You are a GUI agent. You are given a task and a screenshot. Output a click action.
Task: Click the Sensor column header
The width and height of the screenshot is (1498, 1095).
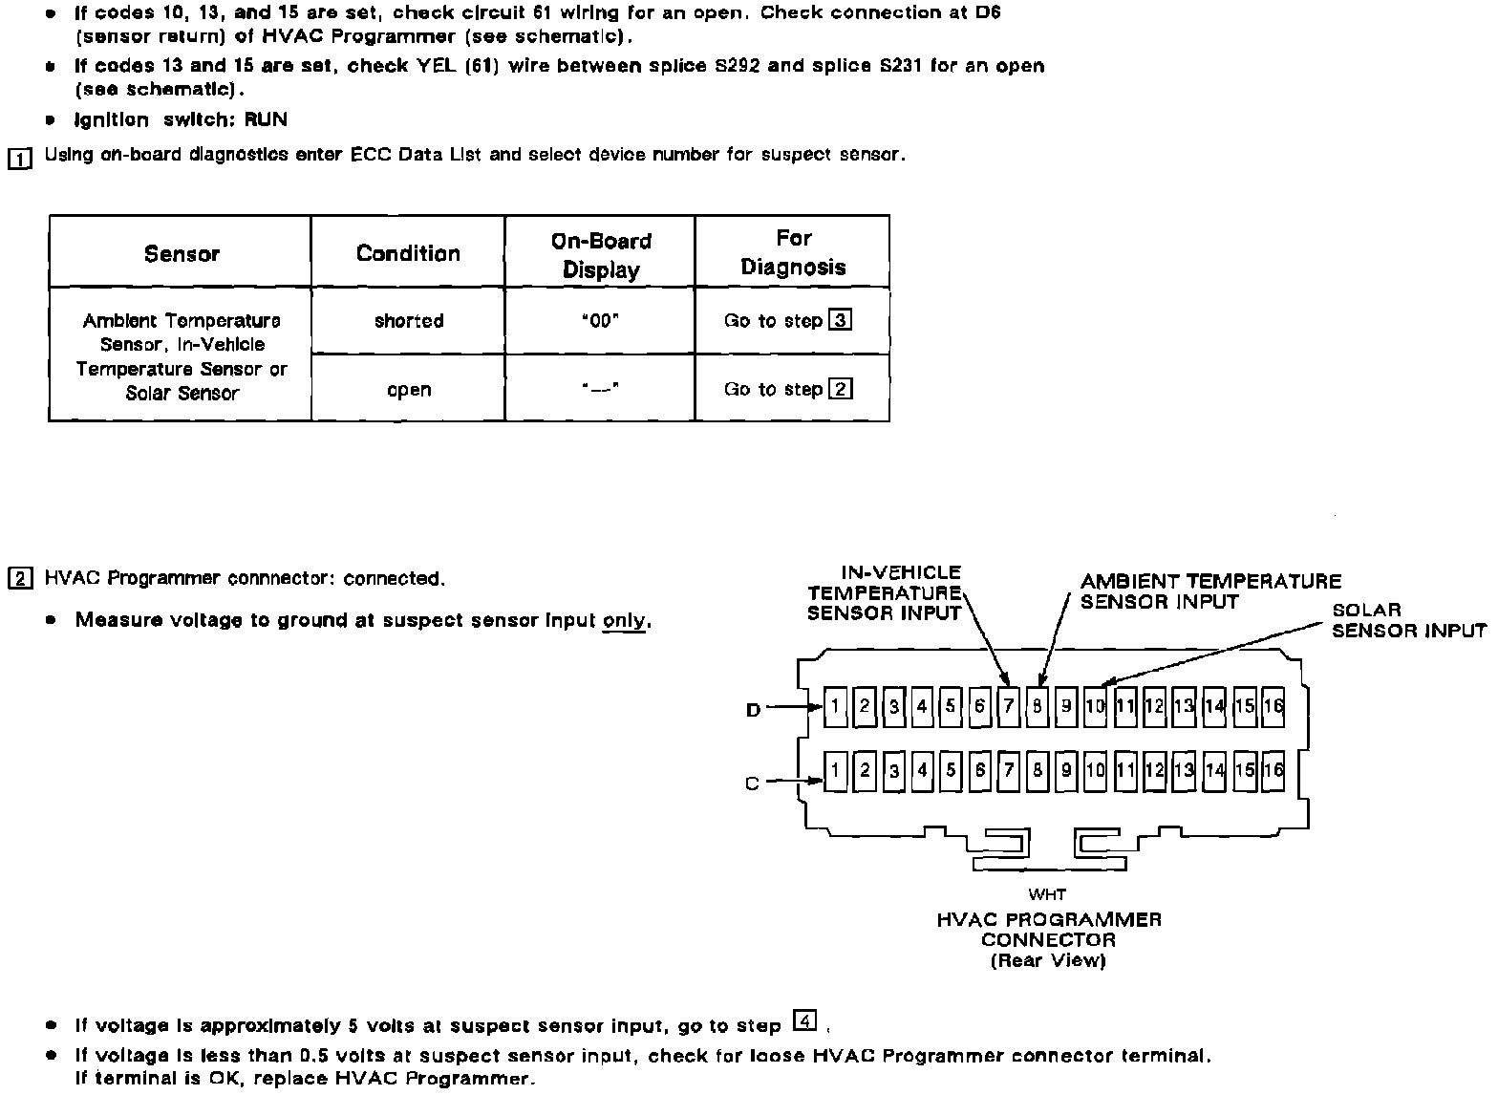(x=182, y=253)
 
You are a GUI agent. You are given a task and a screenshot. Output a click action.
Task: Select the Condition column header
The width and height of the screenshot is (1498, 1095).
(x=408, y=253)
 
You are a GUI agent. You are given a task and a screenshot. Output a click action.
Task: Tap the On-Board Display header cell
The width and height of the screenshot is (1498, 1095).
(x=601, y=255)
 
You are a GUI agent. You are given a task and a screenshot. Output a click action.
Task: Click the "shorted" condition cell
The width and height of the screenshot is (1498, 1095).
(x=409, y=321)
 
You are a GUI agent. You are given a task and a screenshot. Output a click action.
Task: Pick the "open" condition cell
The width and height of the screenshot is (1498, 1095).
(x=409, y=390)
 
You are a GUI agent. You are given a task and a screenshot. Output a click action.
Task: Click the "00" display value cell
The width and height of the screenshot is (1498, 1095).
(x=600, y=321)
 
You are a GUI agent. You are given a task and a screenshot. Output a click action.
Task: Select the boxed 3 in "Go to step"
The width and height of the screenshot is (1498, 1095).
(x=841, y=320)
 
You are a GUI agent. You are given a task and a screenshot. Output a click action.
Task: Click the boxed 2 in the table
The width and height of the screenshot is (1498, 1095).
(x=841, y=389)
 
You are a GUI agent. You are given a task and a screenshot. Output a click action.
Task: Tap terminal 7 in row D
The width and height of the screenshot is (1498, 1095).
(x=1009, y=706)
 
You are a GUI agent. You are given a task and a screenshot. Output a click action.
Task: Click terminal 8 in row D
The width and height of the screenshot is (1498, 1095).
(x=1038, y=706)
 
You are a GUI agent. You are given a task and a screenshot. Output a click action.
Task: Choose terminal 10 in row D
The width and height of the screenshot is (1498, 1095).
(x=1095, y=706)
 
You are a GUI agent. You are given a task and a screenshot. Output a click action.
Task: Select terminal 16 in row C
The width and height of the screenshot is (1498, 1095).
(x=1273, y=770)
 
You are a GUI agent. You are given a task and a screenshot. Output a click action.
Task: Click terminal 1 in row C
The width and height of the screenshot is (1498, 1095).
(x=835, y=770)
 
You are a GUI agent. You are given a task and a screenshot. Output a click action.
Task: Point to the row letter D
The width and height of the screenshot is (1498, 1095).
(x=753, y=710)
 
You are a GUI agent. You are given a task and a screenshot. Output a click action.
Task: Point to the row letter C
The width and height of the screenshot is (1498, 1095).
(x=752, y=783)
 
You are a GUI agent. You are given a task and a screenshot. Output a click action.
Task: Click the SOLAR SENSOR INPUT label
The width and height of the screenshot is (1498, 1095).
(x=1408, y=620)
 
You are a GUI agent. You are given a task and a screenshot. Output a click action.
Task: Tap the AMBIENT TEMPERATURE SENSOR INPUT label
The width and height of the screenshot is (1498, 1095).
(x=1209, y=591)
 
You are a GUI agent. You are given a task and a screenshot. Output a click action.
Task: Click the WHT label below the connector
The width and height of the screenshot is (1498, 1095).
(x=1047, y=894)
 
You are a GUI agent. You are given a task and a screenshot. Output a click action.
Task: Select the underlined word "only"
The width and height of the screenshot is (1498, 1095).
(x=625, y=620)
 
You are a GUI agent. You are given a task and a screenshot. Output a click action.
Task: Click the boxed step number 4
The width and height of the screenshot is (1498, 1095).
(x=805, y=1022)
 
